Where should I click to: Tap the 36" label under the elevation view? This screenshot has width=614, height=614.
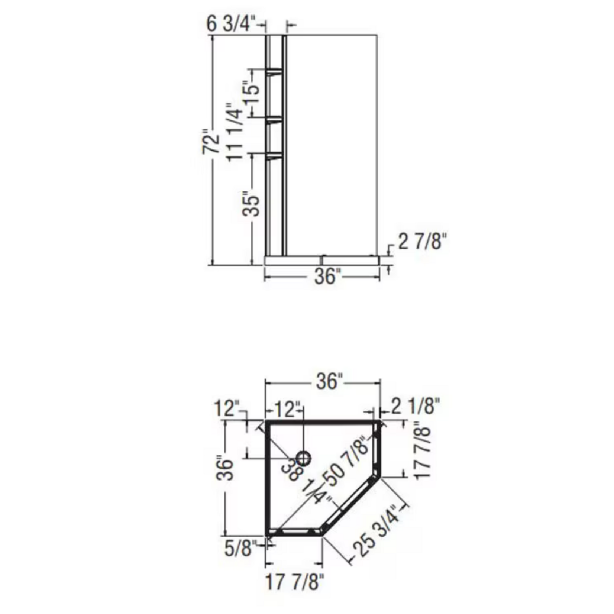(x=327, y=277)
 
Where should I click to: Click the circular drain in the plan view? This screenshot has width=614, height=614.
(x=304, y=458)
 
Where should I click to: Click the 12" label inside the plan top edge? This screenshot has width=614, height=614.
(x=286, y=409)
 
